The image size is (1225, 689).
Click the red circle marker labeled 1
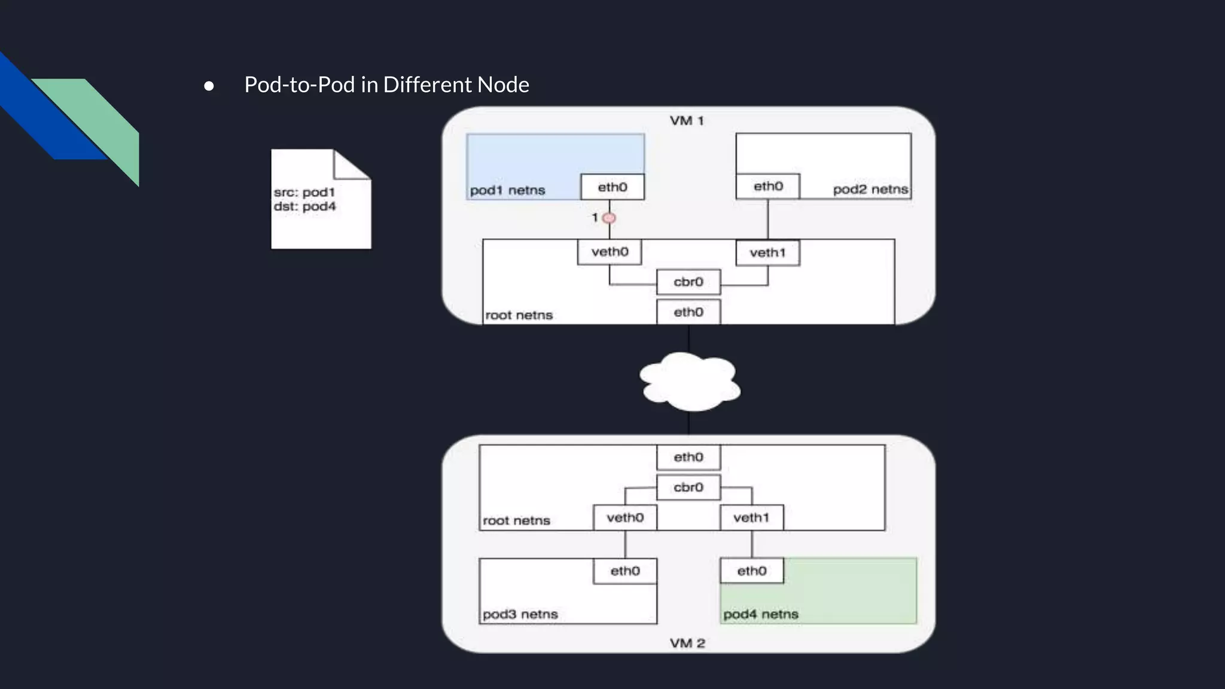[609, 218]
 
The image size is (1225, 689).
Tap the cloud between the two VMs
[690, 382]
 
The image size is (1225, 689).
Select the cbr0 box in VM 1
[688, 282]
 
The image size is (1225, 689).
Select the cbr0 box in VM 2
[688, 487]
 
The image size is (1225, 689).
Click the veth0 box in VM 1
[610, 252]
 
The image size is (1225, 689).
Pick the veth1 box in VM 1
[767, 252]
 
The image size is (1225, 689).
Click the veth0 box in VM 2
[625, 517]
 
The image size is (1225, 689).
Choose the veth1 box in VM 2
[751, 517]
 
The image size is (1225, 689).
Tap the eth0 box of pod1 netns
[612, 187]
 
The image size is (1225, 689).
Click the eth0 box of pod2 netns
[768, 186]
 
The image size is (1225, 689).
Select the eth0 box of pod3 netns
[625, 571]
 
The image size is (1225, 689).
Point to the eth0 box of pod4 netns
[752, 571]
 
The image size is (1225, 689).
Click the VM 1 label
[687, 121]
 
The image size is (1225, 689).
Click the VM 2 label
[687, 644]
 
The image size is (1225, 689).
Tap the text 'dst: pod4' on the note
[305, 206]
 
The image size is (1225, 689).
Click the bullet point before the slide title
[209, 86]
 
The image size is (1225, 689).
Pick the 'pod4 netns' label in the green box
[761, 614]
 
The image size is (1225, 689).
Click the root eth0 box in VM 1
[688, 312]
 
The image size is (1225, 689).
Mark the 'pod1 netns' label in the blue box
[507, 190]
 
